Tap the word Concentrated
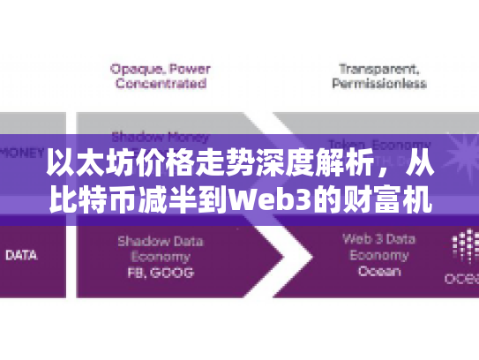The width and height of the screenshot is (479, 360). coord(158,84)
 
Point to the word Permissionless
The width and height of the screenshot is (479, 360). coord(378,84)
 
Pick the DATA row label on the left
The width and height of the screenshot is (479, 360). coord(21,255)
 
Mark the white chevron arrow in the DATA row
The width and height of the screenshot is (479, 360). coord(265,256)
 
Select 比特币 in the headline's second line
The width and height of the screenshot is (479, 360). coord(86,197)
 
